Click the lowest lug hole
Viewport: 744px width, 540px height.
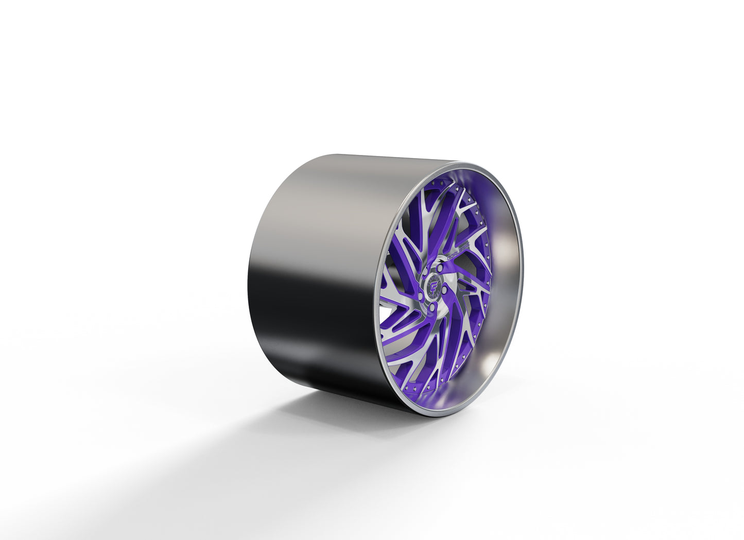click(433, 308)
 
